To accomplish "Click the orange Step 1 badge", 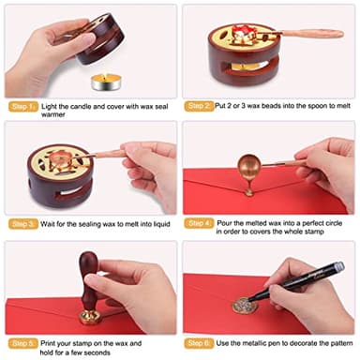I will (x=22, y=106).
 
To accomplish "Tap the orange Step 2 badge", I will (x=201, y=106).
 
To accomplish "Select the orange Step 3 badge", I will (x=22, y=224).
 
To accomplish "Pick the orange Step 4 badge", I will (x=201, y=224).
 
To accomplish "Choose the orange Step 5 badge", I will (x=22, y=342).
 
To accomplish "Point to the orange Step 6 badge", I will (x=201, y=342).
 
